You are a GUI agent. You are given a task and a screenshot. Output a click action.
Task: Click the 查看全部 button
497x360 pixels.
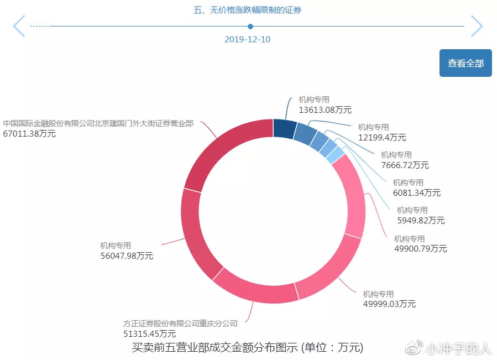[x=465, y=63]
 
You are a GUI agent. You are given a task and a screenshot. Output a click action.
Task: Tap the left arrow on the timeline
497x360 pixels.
[x=19, y=26]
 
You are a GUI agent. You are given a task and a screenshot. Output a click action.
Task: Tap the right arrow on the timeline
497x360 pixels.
[x=477, y=26]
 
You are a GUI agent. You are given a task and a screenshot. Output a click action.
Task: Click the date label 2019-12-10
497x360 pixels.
[x=247, y=39]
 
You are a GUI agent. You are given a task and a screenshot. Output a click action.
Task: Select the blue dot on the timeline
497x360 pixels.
[x=250, y=26]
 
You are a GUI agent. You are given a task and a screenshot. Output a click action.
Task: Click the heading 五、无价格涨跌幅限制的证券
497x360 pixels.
[x=248, y=10]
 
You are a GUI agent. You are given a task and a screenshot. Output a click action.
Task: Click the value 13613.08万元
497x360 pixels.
[x=325, y=109]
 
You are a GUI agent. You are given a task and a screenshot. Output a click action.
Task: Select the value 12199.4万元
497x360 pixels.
[x=382, y=137]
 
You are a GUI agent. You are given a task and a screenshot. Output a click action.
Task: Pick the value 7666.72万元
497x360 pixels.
[x=405, y=165]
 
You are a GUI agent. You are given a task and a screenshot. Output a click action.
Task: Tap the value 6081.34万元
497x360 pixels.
[x=417, y=192]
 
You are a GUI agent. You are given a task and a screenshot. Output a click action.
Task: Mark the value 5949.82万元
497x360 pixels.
[x=421, y=220]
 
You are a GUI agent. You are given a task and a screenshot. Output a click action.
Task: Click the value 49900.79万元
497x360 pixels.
[x=420, y=249]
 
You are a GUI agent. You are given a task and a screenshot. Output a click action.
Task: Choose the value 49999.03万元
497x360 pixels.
[x=389, y=304]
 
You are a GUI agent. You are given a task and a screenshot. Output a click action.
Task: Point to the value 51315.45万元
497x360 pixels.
[x=149, y=333]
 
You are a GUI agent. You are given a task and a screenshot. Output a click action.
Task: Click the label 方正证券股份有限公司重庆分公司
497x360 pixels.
[x=180, y=324]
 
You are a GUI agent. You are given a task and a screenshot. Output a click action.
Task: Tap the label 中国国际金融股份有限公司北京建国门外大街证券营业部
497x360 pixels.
[x=98, y=123]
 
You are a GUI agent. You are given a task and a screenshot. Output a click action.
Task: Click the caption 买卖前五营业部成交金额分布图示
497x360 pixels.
[x=216, y=348]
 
